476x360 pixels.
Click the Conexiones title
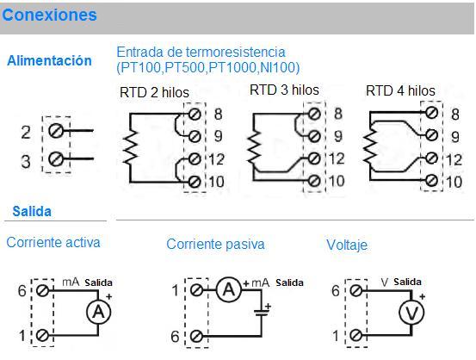[x=49, y=15]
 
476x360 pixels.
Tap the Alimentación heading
[x=49, y=60]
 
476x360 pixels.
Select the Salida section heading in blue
[x=32, y=211]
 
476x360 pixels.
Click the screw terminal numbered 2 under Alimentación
[x=56, y=131]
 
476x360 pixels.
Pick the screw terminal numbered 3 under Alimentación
[x=56, y=158]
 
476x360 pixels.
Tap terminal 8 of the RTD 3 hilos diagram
[x=314, y=114]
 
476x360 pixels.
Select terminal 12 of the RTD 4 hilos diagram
[x=431, y=158]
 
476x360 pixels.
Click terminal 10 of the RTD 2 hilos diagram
[x=195, y=182]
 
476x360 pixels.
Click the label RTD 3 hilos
[x=284, y=90]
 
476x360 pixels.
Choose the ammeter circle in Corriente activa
[x=99, y=312]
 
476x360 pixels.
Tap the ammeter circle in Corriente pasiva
[x=229, y=289]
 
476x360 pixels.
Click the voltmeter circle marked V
[x=411, y=313]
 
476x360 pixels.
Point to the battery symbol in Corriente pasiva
[x=262, y=313]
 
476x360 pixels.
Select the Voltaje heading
[x=347, y=245]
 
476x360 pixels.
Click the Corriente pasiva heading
[x=215, y=244]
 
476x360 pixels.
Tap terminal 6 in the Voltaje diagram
[x=355, y=290]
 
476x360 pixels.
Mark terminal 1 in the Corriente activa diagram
[x=42, y=335]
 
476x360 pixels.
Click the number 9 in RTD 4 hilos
[x=454, y=137]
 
